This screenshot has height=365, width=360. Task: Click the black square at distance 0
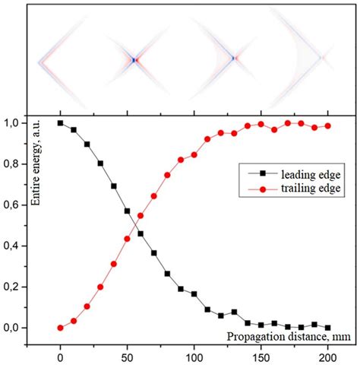point(61,123)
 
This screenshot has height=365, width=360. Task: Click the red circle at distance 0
point(61,328)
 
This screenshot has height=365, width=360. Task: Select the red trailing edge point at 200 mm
point(328,126)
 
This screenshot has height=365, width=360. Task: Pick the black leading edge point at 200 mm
point(328,328)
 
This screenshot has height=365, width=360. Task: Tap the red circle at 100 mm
point(194,154)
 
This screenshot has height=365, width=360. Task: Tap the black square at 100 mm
point(194,294)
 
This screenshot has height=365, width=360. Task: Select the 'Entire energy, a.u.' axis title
point(33,162)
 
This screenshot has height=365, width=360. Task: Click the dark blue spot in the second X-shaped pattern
point(134,59)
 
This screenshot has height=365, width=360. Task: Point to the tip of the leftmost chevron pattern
point(38,59)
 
